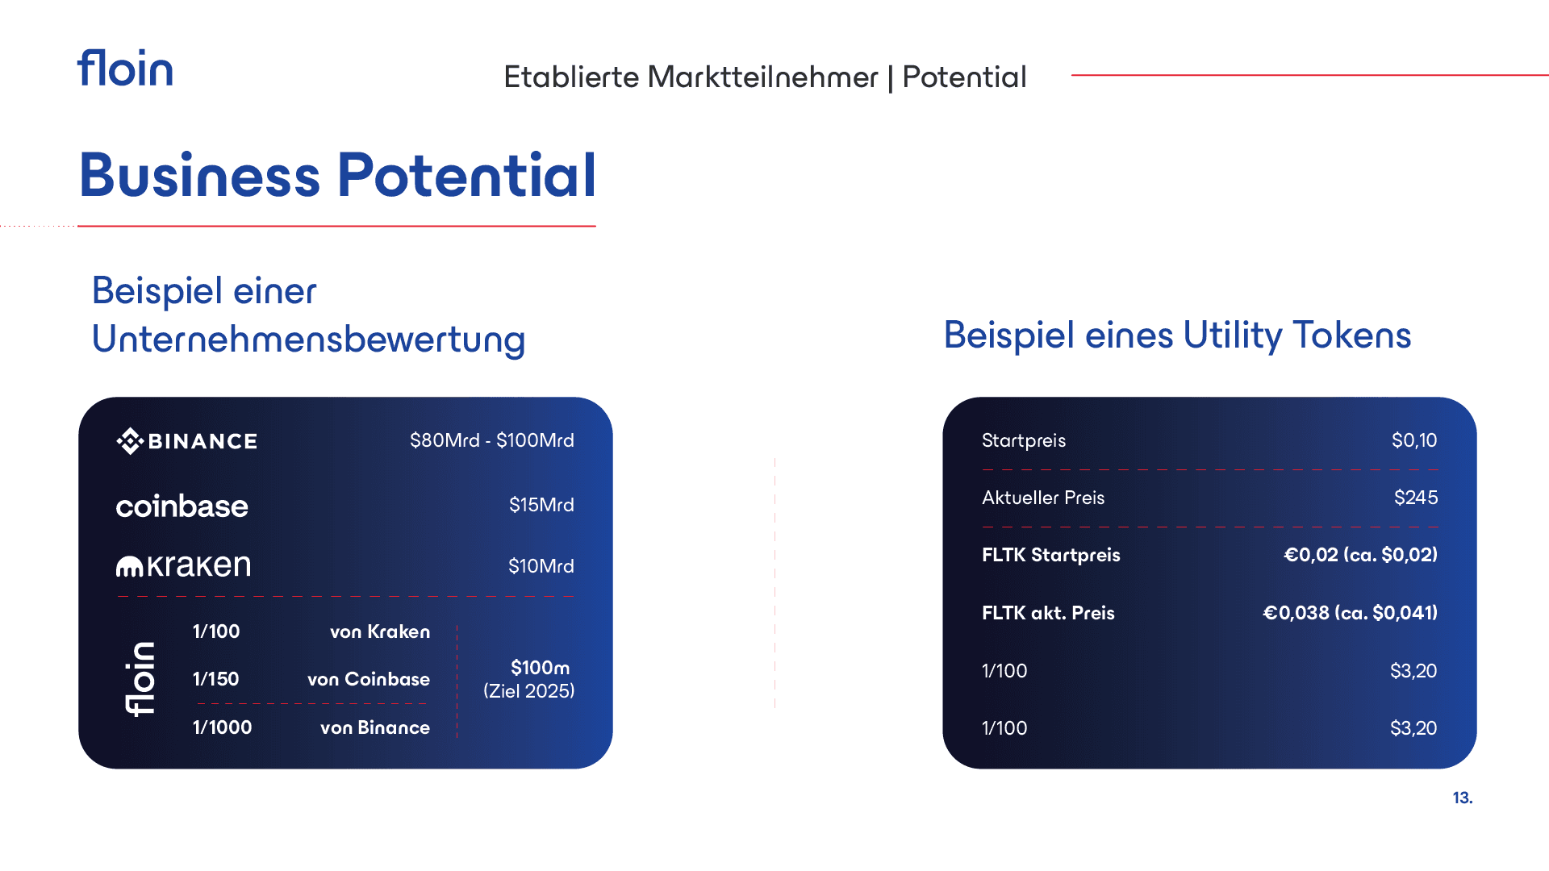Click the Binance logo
pos(186,440)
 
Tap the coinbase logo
pos(182,506)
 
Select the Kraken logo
pos(183,565)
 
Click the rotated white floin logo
pos(140,679)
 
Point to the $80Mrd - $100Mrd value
pos(492,440)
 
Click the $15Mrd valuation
pos(541,505)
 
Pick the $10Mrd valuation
pos(541,566)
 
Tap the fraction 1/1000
pos(222,727)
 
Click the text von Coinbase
pos(369,679)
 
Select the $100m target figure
pos(540,668)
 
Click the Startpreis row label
pos(1024,440)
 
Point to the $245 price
pos(1416,498)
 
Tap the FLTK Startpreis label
pos(1051,555)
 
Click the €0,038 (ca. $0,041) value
pos(1350,613)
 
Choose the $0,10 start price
pos(1414,440)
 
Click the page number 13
pos(1463,798)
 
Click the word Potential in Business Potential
pos(467,175)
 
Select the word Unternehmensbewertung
pos(308,339)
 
